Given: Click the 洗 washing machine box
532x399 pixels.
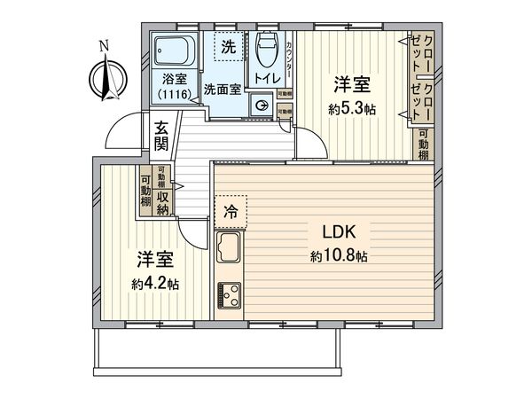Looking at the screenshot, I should (229, 47).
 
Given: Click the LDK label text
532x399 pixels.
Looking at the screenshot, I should (340, 235).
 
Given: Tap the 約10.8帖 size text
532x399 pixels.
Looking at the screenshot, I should (340, 256).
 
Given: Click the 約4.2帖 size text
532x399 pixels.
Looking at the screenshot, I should (154, 285).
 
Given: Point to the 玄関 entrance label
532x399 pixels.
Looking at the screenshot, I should (161, 134).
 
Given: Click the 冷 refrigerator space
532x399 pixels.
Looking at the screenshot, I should (231, 212).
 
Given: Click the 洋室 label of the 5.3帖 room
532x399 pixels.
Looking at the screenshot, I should (351, 85).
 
